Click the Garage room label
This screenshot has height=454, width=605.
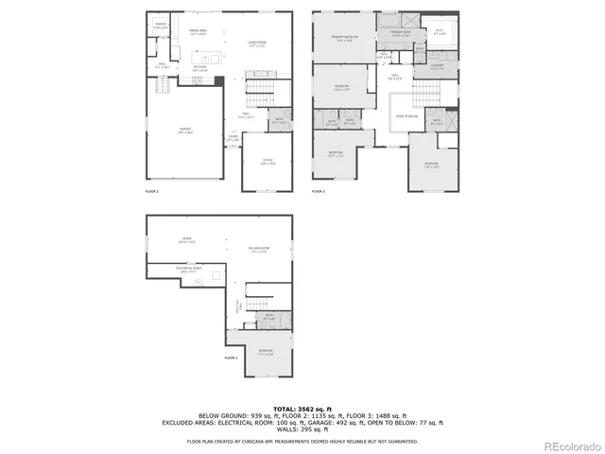click(x=185, y=131)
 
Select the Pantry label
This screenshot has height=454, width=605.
click(x=161, y=26)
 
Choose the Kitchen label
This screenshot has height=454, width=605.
click(x=200, y=68)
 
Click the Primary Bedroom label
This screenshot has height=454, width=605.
click(x=342, y=39)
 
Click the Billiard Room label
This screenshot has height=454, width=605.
click(x=261, y=251)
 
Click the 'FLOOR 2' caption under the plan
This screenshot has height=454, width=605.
click(x=152, y=192)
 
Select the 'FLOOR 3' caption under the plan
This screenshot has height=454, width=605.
click(x=319, y=192)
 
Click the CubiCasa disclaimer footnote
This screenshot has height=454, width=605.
click(x=302, y=441)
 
